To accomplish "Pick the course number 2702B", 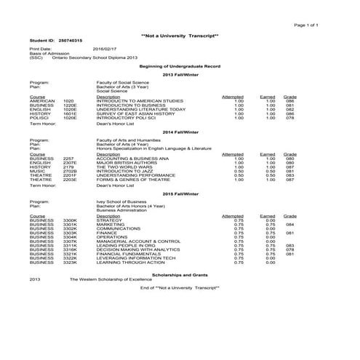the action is (70, 171).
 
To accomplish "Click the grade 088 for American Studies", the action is (289, 100).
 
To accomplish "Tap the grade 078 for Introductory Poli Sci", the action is (289, 118).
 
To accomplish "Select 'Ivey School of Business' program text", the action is (123, 202).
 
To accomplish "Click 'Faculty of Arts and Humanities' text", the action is (129, 138).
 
